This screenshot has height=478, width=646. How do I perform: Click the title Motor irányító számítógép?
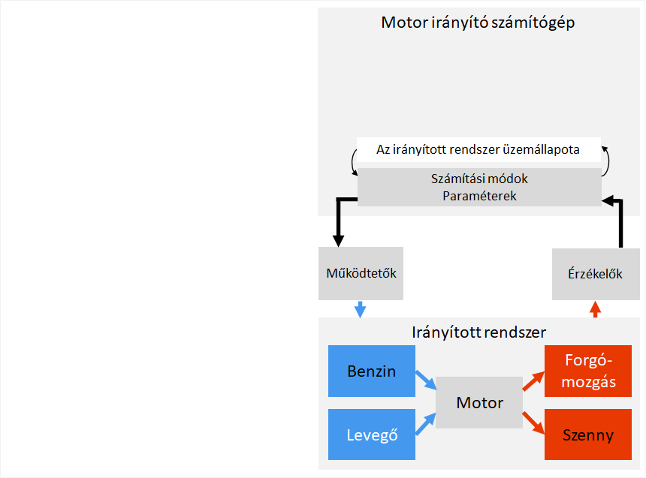[478, 23]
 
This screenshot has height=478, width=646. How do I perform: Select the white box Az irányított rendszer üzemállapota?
[478, 149]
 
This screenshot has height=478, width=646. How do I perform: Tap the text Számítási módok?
[478, 179]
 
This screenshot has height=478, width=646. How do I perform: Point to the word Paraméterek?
[478, 195]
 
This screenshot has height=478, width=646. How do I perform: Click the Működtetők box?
[361, 273]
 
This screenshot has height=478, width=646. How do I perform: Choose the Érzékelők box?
[595, 273]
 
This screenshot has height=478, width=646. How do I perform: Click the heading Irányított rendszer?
[478, 332]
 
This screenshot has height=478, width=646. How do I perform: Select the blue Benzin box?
[371, 371]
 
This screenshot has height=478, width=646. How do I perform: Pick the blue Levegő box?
[371, 434]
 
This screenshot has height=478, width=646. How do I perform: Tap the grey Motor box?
[479, 402]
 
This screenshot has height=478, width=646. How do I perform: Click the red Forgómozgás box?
[590, 371]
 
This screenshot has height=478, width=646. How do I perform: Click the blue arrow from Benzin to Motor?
[426, 380]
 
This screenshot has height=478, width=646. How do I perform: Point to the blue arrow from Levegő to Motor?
[426, 424]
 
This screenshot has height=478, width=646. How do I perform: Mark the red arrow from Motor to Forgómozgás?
[533, 381]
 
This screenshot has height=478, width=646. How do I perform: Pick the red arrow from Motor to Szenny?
[533, 422]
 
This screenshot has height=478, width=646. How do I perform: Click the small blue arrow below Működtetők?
[361, 308]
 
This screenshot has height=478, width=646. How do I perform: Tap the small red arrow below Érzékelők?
[595, 308]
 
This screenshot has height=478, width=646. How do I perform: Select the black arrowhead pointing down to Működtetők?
[338, 239]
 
